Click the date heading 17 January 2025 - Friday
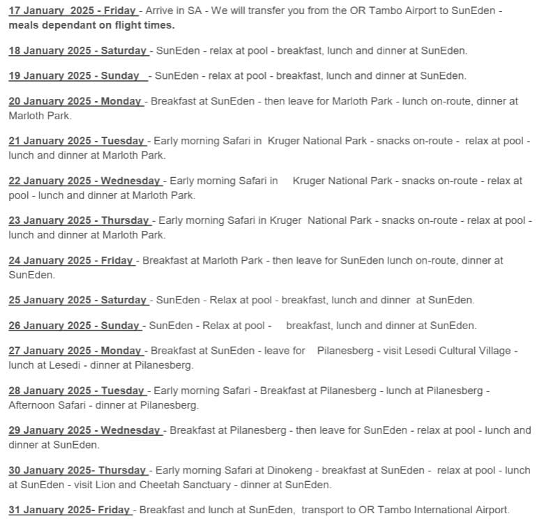(73, 10)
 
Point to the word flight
(121, 25)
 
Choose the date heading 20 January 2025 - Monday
(75, 101)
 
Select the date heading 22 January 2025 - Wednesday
(84, 181)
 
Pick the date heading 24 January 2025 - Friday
(70, 260)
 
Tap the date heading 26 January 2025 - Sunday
(74, 325)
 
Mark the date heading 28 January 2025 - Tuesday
(76, 391)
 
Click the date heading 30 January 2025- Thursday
(77, 470)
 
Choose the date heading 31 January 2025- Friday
(69, 510)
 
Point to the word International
(433, 510)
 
